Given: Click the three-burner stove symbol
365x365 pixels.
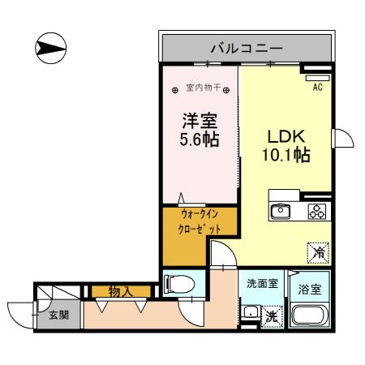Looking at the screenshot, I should pyautogui.click(x=315, y=212).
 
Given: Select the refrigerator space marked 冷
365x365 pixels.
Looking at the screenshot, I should pyautogui.click(x=318, y=252).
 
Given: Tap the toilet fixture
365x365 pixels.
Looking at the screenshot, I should pyautogui.click(x=179, y=285).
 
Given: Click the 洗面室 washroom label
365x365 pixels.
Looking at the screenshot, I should pyautogui.click(x=263, y=284).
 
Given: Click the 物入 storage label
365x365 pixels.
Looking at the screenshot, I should pyautogui.click(x=122, y=291).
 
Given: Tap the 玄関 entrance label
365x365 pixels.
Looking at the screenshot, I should pyautogui.click(x=58, y=316).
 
